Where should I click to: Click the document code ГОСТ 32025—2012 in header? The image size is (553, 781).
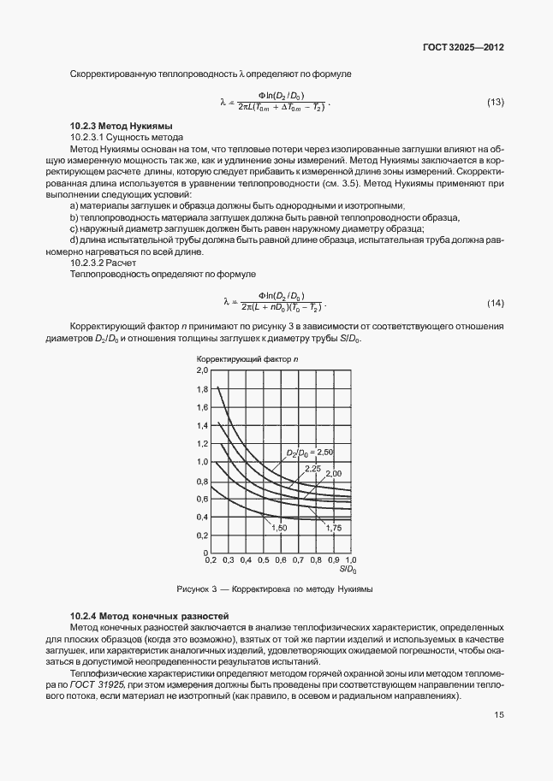[461, 48]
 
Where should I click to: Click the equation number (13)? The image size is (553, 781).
[495, 103]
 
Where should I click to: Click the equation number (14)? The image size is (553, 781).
[495, 304]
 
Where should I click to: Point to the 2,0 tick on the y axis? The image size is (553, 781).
[203, 371]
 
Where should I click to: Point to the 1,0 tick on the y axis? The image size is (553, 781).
[203, 462]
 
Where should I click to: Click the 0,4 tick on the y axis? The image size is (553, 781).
[203, 517]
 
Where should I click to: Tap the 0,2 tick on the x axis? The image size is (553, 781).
[209, 560]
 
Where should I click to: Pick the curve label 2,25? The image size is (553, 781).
[312, 469]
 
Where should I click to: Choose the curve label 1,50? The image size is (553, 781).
[278, 529]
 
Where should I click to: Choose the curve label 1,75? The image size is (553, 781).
[334, 529]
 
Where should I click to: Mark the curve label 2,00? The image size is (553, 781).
[333, 474]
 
